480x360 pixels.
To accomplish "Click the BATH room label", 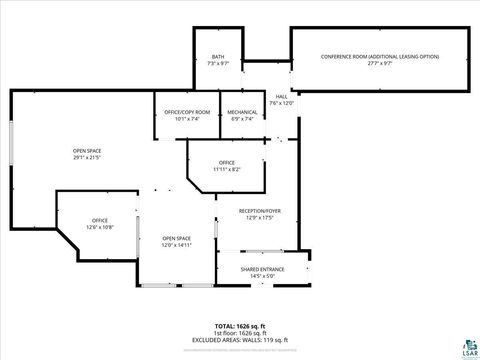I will pyautogui.click(x=218, y=56).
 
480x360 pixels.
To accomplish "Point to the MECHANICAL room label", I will pyautogui.click(x=242, y=111).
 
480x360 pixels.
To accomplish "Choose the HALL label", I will pyautogui.click(x=281, y=96).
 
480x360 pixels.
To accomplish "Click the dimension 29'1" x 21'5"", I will pyautogui.click(x=86, y=158).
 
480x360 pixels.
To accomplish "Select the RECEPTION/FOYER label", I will pyautogui.click(x=259, y=210).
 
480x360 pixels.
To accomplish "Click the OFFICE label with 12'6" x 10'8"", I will pyautogui.click(x=100, y=220).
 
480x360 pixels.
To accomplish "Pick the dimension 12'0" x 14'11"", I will pyautogui.click(x=177, y=245).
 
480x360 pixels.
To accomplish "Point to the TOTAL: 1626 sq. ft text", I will pyautogui.click(x=239, y=326).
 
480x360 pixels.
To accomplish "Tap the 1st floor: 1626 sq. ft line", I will pyautogui.click(x=239, y=333).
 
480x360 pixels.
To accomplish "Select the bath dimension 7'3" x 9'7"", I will pyautogui.click(x=218, y=63).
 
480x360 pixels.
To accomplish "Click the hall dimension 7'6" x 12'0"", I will pyautogui.click(x=281, y=103).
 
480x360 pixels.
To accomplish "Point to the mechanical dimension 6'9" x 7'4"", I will pyautogui.click(x=242, y=118).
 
